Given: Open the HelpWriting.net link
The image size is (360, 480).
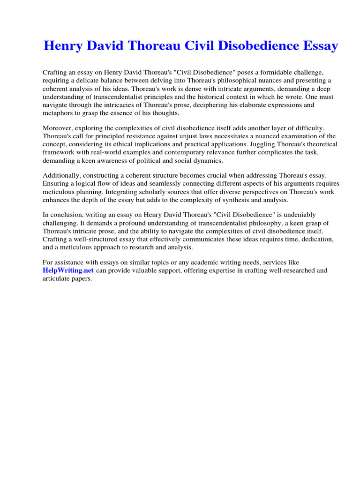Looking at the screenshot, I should tap(68, 270).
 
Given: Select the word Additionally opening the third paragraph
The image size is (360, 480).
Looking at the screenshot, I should tap(61, 175).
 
